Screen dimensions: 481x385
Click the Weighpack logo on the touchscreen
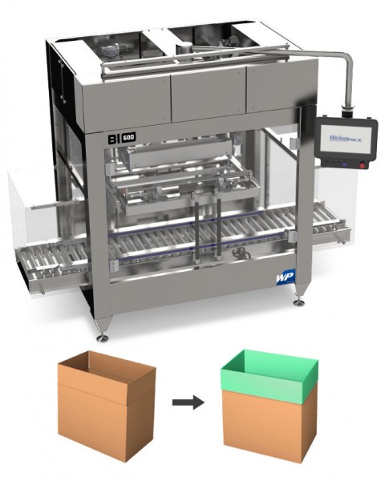pyautogui.click(x=344, y=138)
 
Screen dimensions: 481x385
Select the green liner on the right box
pyautogui.click(x=269, y=374)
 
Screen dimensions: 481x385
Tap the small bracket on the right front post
pyautogui.click(x=294, y=232)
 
